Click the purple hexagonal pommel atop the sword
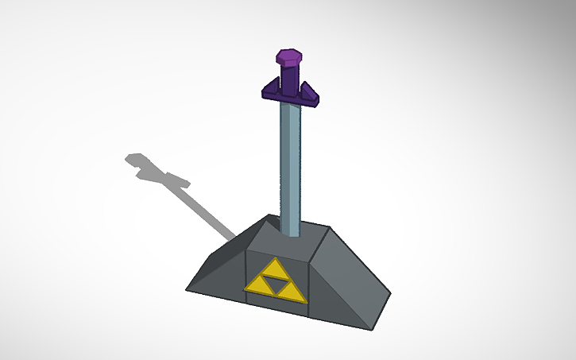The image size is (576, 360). click(x=288, y=57)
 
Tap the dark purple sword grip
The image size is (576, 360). click(x=290, y=78)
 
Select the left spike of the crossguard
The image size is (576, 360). click(x=272, y=87)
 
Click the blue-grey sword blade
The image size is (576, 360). click(x=290, y=167)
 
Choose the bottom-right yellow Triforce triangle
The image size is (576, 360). click(x=291, y=292)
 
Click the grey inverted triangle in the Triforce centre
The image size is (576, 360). click(x=276, y=281)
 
